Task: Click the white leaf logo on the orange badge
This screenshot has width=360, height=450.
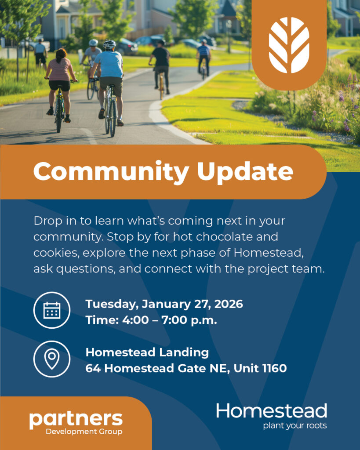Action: (289, 45)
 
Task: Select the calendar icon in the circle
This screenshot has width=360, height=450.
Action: (52, 310)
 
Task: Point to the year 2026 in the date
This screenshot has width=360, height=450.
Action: (229, 304)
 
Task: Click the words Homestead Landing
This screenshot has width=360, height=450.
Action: (147, 352)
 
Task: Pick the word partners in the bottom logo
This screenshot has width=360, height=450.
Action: (76, 420)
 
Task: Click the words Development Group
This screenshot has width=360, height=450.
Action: (84, 432)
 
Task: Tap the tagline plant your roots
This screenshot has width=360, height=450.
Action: (295, 425)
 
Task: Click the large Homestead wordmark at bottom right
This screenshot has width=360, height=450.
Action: (272, 411)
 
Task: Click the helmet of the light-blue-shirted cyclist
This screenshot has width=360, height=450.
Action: (109, 44)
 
